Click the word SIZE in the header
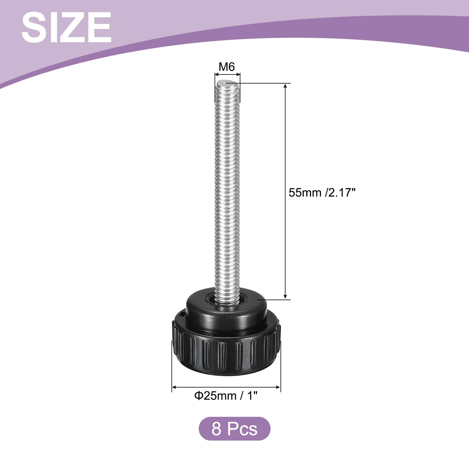(66, 28)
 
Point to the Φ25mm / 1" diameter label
(226, 396)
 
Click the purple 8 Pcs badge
(235, 429)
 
